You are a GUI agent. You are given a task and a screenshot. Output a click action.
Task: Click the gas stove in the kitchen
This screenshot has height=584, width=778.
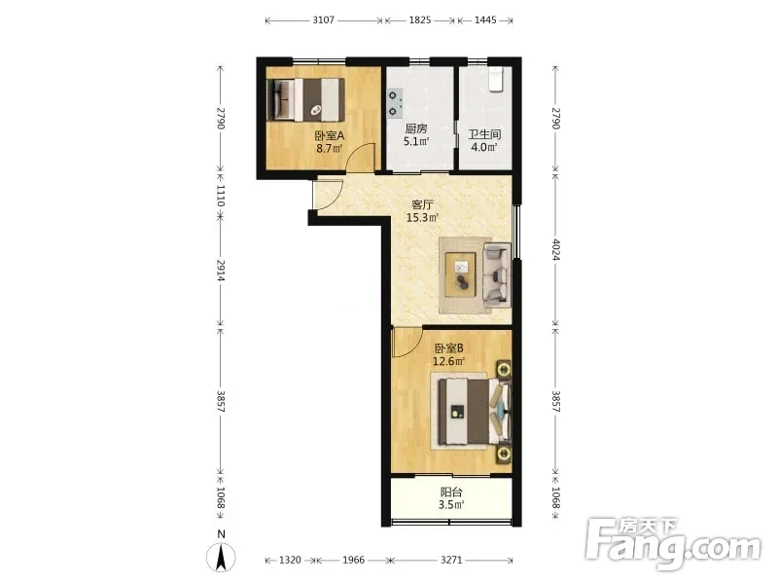(396, 103)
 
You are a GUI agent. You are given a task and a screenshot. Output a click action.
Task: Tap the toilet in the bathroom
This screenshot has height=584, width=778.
(496, 80)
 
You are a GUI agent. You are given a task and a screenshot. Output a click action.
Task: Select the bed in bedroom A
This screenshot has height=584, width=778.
(306, 100)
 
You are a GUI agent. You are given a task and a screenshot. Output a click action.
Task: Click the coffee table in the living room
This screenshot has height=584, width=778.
(460, 274)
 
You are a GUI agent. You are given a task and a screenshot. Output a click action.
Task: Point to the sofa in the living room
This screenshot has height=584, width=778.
(497, 275)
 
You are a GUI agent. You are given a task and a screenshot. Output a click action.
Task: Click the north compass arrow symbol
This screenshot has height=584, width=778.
(222, 557)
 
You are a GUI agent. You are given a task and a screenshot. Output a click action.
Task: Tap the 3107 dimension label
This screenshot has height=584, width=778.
(324, 20)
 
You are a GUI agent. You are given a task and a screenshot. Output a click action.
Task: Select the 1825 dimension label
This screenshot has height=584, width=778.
(420, 20)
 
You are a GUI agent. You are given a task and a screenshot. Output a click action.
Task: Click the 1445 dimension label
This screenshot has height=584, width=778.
(485, 20)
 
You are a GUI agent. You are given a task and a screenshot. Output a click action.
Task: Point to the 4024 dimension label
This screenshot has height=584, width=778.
(555, 250)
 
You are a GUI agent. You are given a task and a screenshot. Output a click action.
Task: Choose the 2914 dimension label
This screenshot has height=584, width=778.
(221, 271)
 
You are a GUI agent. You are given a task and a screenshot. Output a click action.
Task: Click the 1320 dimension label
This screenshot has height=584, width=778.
(290, 561)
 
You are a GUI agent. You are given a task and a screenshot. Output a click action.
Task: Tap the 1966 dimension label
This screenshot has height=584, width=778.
(354, 561)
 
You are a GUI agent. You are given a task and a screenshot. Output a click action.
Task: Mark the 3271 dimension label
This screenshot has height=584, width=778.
(451, 561)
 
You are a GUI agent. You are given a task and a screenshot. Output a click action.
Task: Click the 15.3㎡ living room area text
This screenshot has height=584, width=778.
(422, 217)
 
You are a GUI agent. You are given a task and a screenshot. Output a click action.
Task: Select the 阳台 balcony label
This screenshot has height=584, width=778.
(451, 493)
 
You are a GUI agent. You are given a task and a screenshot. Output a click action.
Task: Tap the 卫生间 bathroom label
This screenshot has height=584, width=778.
(484, 134)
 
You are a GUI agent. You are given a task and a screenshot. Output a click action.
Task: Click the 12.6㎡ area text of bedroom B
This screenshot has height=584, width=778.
(448, 361)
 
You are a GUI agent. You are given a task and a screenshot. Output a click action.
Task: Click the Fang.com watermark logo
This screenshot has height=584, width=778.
(673, 545)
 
